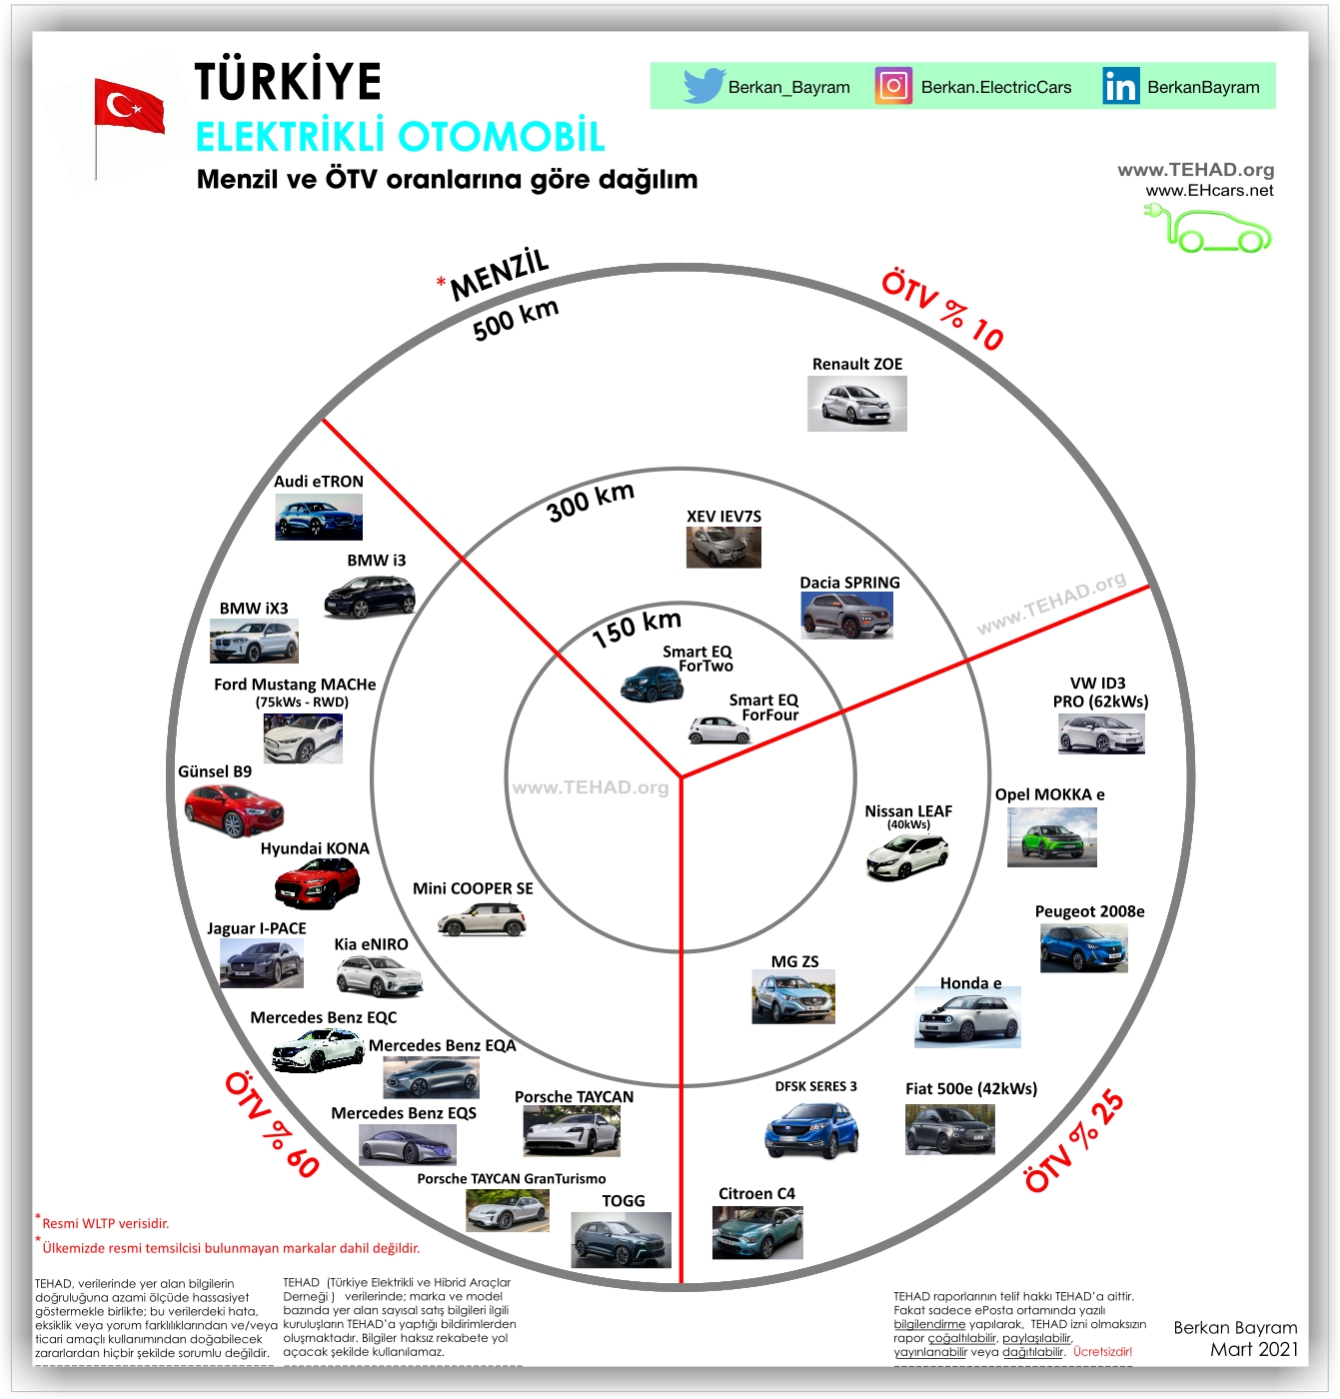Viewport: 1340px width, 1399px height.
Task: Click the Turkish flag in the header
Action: pyautogui.click(x=129, y=107)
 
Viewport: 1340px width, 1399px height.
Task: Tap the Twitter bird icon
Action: pyautogui.click(x=703, y=86)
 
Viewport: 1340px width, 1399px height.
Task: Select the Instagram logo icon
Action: pyautogui.click(x=893, y=86)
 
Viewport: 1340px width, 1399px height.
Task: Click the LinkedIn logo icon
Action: pyautogui.click(x=1120, y=86)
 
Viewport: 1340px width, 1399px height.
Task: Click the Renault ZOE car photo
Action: pyautogui.click(x=856, y=404)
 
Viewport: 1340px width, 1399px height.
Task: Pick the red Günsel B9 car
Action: pyautogui.click(x=234, y=809)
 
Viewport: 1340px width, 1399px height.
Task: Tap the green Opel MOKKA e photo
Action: pyautogui.click(x=1051, y=836)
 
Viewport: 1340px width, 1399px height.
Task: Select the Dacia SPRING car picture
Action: pyautogui.click(x=846, y=615)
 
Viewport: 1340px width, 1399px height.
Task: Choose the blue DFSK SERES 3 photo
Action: pyautogui.click(x=811, y=1129)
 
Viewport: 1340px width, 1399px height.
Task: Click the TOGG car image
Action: pyautogui.click(x=621, y=1240)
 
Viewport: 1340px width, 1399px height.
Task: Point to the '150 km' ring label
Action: pyautogui.click(x=637, y=628)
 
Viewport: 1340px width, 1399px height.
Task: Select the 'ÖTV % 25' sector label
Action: pyautogui.click(x=1075, y=1141)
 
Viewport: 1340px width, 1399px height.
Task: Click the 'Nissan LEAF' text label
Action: pyautogui.click(x=908, y=811)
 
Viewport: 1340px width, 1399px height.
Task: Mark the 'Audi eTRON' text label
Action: pyautogui.click(x=319, y=482)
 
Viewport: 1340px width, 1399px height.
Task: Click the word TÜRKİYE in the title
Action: pyautogui.click(x=288, y=81)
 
